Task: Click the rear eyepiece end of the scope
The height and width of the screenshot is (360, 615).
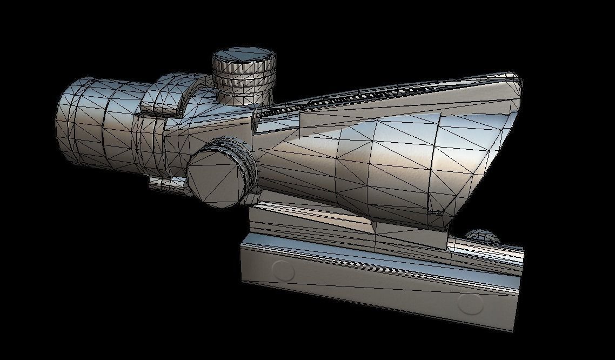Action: tap(70, 122)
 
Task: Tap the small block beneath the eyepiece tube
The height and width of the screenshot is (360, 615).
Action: tap(165, 184)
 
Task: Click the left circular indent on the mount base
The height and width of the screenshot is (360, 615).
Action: tap(282, 270)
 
